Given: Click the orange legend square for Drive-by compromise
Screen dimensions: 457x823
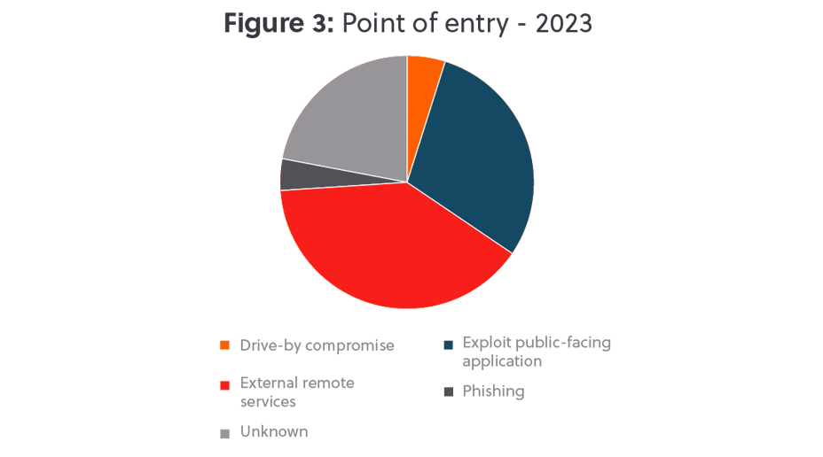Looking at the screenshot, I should pyautogui.click(x=224, y=345).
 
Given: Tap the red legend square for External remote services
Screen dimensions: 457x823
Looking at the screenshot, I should pyautogui.click(x=224, y=384).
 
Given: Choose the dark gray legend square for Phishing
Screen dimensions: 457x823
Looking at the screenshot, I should pyautogui.click(x=449, y=391).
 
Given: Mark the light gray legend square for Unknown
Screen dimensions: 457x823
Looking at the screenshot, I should pyautogui.click(x=224, y=432).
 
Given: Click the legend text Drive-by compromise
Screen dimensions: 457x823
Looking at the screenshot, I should pyautogui.click(x=317, y=345).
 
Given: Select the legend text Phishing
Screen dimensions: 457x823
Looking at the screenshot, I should pyautogui.click(x=493, y=391).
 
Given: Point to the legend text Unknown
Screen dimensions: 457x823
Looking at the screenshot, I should pyautogui.click(x=274, y=431).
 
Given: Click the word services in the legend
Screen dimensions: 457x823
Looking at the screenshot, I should pyautogui.click(x=268, y=400).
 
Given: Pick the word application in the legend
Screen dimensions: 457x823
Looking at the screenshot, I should pyautogui.click(x=502, y=361).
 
